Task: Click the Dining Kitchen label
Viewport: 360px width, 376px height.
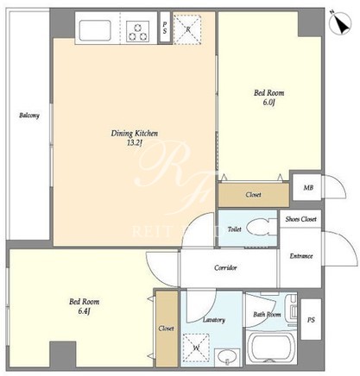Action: tap(135, 134)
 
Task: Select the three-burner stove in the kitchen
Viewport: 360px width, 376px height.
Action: tap(137, 31)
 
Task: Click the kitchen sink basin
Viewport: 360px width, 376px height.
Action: tap(95, 30)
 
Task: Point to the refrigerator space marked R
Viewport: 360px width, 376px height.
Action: tap(188, 28)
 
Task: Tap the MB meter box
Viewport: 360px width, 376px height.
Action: tap(307, 187)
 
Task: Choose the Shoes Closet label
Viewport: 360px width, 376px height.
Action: tap(300, 219)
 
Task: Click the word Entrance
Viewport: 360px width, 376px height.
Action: tap(301, 256)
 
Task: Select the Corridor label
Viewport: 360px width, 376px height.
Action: tap(225, 267)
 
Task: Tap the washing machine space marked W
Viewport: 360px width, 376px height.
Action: tap(196, 348)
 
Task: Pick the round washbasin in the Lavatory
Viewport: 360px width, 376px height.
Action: tap(228, 357)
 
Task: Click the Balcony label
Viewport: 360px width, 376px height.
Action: tap(29, 116)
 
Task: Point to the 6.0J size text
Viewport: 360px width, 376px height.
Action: tap(269, 103)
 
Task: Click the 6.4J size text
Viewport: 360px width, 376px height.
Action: tap(84, 311)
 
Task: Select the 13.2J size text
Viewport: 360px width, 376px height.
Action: tap(135, 143)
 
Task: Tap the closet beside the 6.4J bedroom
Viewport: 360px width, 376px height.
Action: tap(167, 328)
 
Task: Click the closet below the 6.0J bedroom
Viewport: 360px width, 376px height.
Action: tap(254, 195)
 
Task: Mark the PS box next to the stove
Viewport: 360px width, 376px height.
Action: tap(165, 28)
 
